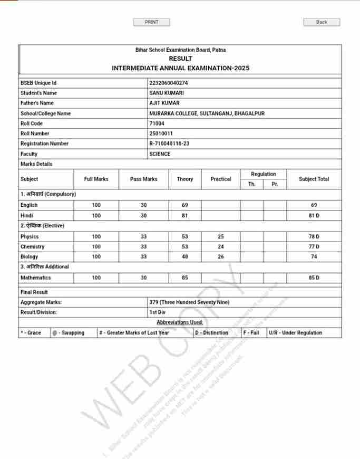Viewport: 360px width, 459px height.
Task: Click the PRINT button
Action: pos(151,22)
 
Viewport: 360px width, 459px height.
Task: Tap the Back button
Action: pos(322,22)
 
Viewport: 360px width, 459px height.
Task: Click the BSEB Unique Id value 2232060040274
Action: pos(169,83)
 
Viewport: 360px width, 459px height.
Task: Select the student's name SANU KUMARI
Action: pos(167,93)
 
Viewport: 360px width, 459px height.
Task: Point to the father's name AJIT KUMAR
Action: pos(164,103)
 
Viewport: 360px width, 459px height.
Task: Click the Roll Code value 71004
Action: pos(157,123)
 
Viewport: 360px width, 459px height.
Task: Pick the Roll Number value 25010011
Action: pos(161,133)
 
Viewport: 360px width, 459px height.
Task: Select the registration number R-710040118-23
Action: pos(169,144)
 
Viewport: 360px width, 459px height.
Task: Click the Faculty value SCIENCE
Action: pos(160,154)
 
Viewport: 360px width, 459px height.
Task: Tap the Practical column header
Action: pos(220,179)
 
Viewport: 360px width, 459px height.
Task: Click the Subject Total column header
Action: pos(314,179)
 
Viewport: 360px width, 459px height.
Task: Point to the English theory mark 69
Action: pos(184,205)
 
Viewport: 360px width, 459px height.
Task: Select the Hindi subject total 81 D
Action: pos(314,216)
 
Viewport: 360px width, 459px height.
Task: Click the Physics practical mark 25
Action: pos(220,237)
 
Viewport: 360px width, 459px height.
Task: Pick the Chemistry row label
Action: pos(33,247)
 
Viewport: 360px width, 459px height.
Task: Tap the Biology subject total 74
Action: pos(314,257)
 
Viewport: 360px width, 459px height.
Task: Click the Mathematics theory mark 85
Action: pos(184,278)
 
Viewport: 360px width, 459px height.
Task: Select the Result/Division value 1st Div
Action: pos(157,312)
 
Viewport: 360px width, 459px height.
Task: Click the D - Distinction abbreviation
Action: pos(211,333)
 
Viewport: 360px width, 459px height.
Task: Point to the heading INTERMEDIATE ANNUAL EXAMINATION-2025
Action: pos(180,68)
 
